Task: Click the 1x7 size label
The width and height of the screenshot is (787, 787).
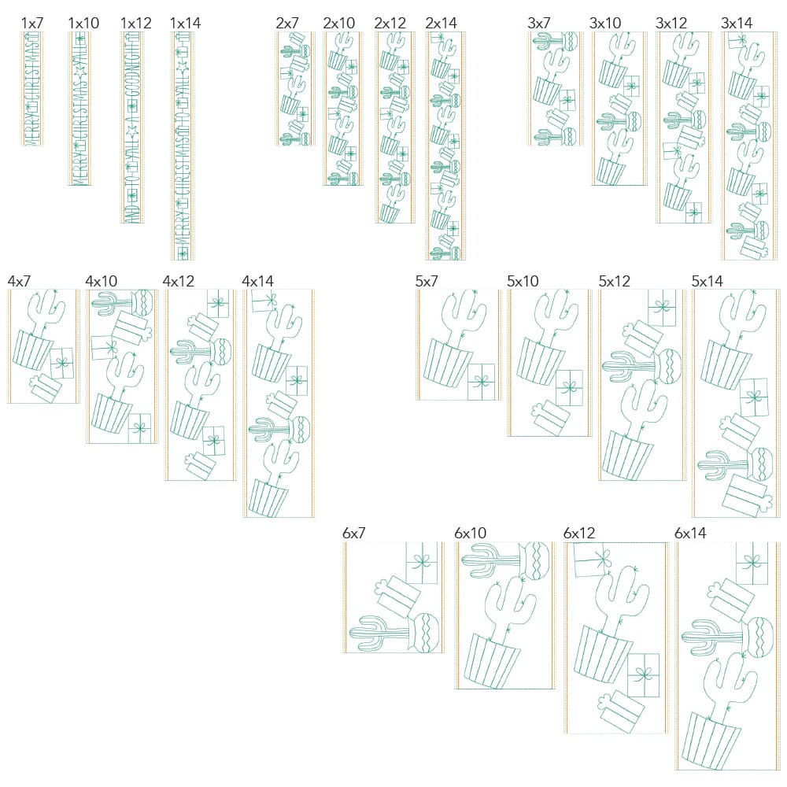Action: (x=32, y=23)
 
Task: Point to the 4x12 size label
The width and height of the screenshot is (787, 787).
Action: (x=179, y=281)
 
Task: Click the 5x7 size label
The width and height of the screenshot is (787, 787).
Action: (x=428, y=281)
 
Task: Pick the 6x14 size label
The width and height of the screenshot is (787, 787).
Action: (x=690, y=533)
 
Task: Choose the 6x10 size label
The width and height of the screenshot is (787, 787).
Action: (x=470, y=533)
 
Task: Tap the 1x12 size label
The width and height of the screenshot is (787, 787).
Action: (x=135, y=23)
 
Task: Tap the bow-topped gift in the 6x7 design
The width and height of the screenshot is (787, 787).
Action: (x=422, y=563)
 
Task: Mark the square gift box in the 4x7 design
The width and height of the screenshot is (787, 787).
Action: (x=61, y=364)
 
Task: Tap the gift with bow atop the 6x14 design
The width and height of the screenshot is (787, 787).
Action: (x=752, y=563)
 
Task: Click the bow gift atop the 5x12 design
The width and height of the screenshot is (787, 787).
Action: (x=662, y=308)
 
